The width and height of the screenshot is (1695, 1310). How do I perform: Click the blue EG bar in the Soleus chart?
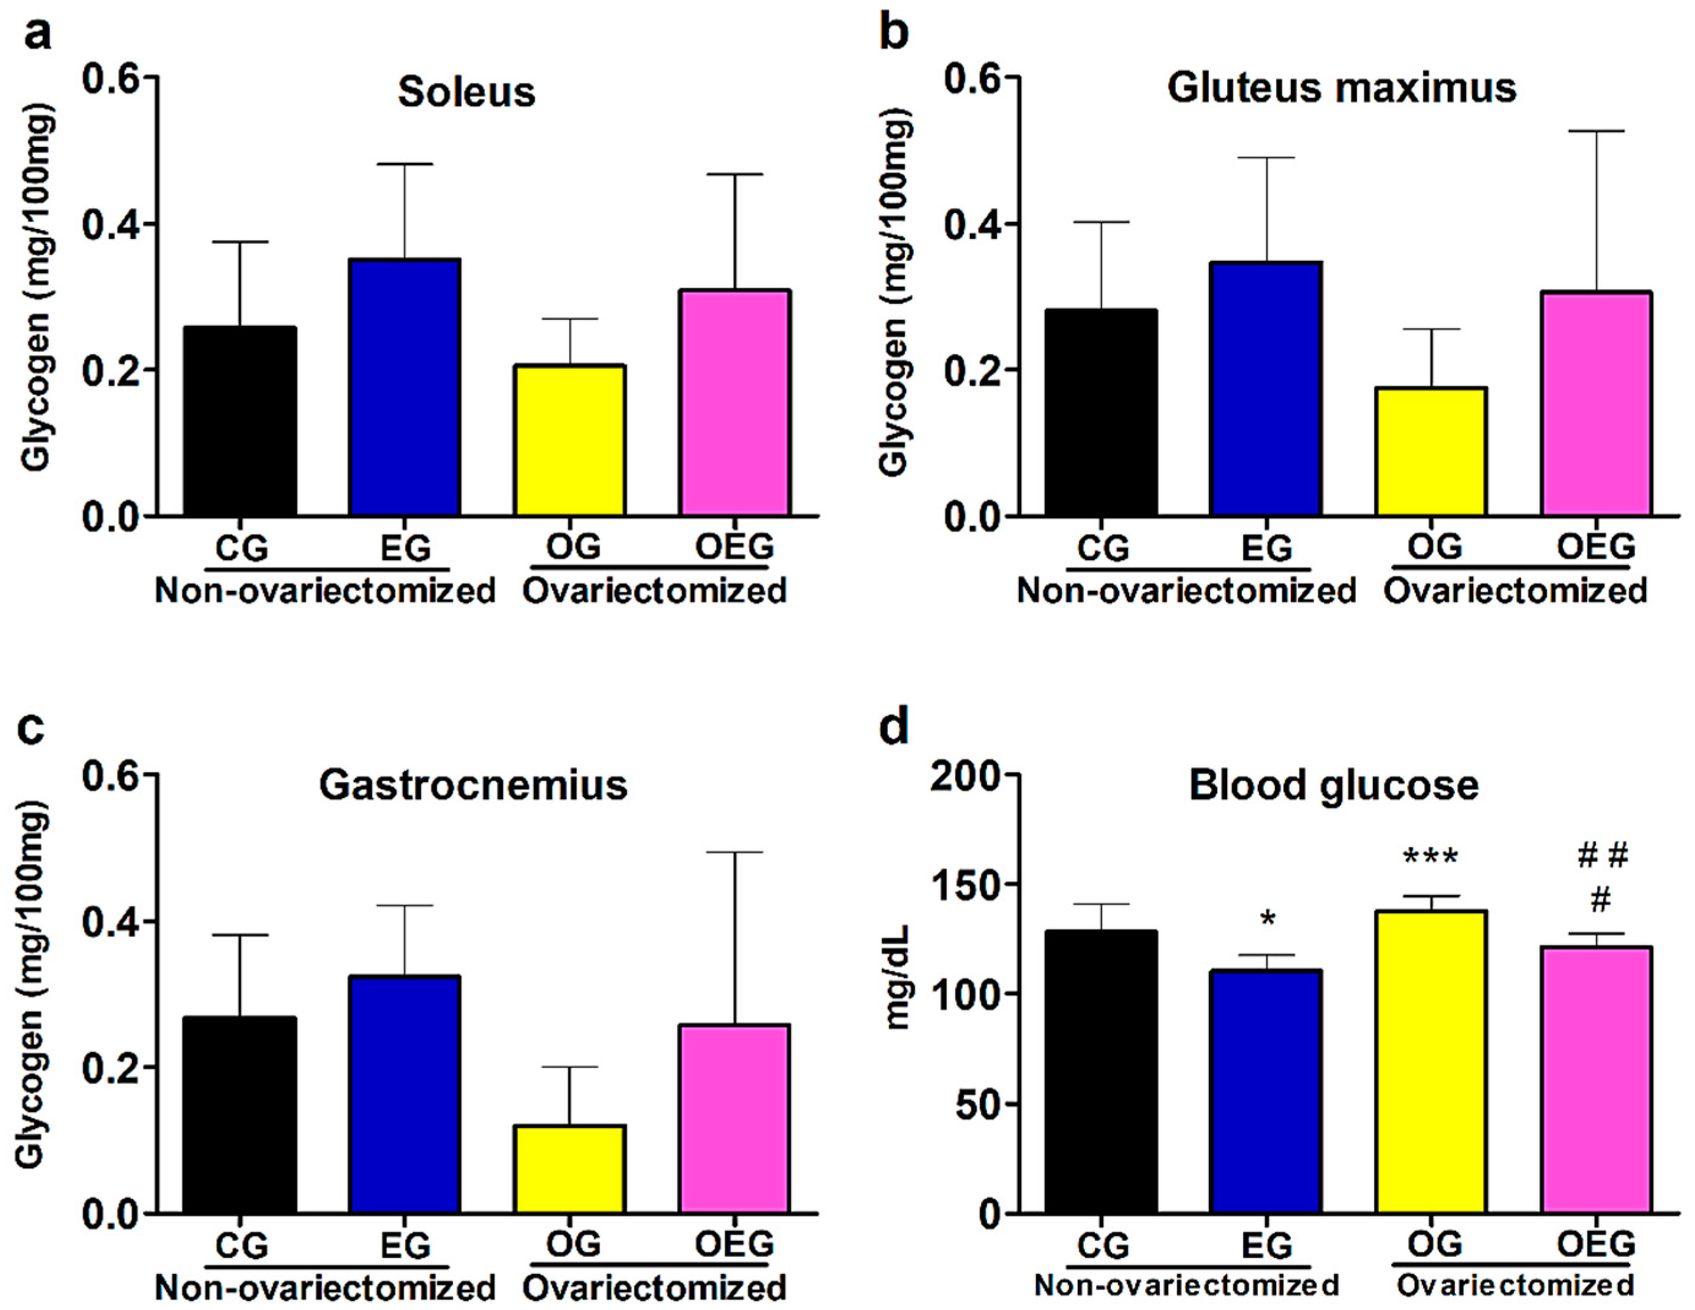404,388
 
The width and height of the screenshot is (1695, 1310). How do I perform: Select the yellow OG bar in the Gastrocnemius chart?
569,1169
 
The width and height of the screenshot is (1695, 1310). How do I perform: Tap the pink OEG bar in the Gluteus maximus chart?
1596,404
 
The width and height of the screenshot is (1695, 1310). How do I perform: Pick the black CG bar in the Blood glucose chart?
1101,1071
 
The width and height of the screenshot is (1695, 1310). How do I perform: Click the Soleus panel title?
467,92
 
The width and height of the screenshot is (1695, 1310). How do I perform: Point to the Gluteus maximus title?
1341,88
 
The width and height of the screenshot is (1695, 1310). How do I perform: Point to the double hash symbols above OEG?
1603,856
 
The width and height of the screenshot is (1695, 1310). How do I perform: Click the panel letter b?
894,35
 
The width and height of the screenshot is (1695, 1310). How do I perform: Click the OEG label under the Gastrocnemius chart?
734,1245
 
